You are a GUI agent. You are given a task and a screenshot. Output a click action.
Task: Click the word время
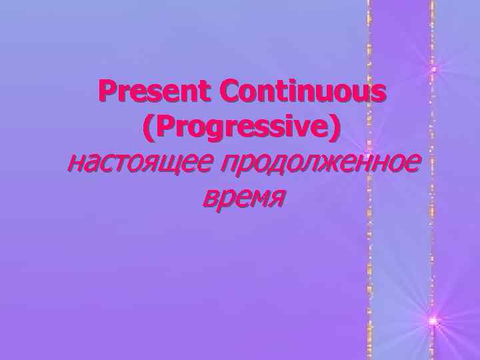pos(242,196)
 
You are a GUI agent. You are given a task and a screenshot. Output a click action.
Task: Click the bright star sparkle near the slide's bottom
pos(434,321)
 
